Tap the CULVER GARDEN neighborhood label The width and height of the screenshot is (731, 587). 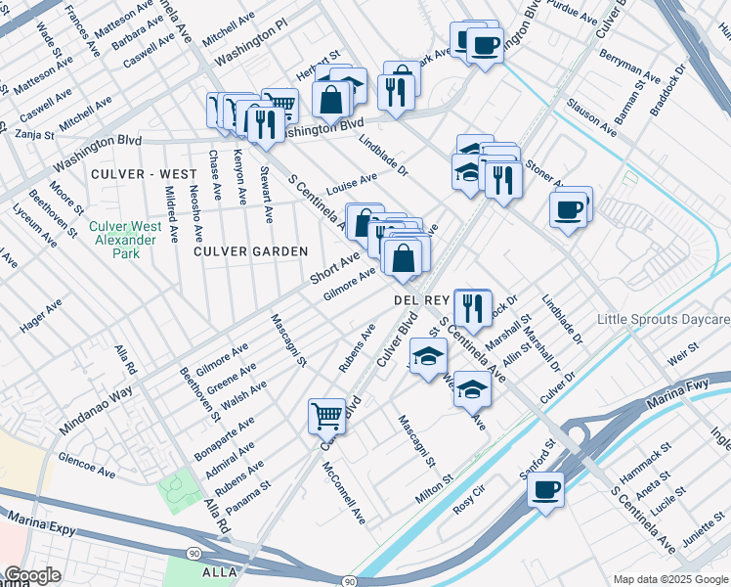(x=250, y=251)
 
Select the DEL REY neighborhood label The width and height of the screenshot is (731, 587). (x=420, y=299)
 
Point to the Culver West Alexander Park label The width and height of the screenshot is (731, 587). (x=125, y=240)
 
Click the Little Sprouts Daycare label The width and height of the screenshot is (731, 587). (x=664, y=320)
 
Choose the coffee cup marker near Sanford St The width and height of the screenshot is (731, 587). (x=547, y=488)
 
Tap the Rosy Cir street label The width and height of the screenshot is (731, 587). (x=469, y=507)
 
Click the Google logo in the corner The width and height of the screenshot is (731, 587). (x=32, y=575)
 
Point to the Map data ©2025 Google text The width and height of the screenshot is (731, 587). (x=669, y=579)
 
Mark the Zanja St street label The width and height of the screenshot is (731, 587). (x=35, y=133)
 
